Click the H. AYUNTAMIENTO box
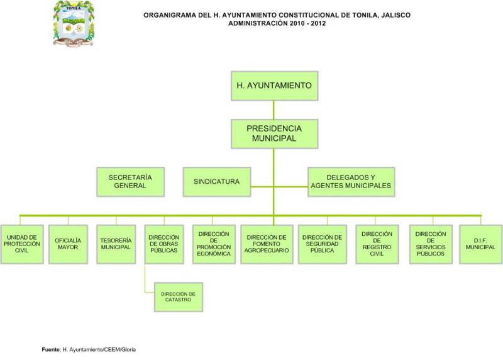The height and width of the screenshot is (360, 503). (x=274, y=86)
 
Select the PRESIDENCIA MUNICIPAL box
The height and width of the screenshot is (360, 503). (x=274, y=133)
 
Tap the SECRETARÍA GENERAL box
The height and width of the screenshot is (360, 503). (x=131, y=182)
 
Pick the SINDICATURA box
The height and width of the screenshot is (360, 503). (x=217, y=182)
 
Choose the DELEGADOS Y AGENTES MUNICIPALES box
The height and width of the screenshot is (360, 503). (x=351, y=182)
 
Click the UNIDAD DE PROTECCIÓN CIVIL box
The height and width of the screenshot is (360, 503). (x=22, y=244)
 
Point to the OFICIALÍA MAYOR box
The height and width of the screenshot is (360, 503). (x=68, y=244)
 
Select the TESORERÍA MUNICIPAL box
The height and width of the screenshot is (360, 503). (x=116, y=244)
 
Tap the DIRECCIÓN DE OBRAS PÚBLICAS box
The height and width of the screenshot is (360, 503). (x=164, y=244)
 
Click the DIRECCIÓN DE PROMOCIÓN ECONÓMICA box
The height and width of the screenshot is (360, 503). (x=214, y=244)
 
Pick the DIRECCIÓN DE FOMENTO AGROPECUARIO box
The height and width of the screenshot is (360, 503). (x=267, y=244)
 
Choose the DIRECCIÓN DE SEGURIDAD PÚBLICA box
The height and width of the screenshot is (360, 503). (x=323, y=244)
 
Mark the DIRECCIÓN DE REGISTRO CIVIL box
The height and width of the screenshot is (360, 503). (x=377, y=244)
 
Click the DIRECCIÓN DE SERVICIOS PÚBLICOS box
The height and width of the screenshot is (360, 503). (x=431, y=244)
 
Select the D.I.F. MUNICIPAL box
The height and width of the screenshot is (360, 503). (x=480, y=244)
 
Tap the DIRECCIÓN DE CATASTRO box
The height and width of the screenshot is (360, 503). (x=179, y=297)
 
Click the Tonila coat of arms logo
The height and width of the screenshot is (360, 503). (x=74, y=24)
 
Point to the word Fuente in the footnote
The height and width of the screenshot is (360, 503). (x=51, y=349)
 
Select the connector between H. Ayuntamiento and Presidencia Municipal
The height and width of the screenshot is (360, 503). (x=274, y=110)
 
